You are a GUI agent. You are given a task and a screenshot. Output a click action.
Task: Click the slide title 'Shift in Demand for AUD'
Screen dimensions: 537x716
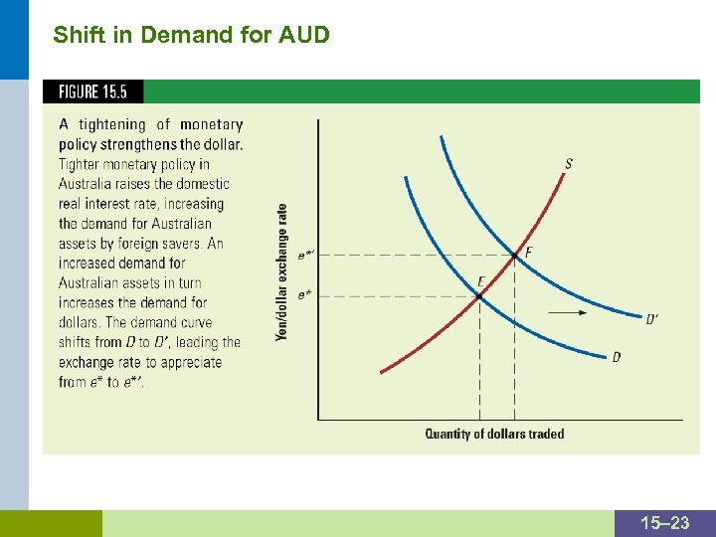[x=191, y=36]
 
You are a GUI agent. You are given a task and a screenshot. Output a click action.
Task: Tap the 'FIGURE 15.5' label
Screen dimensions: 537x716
[x=92, y=91]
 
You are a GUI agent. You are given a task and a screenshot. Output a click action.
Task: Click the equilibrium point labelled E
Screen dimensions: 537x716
[x=479, y=295]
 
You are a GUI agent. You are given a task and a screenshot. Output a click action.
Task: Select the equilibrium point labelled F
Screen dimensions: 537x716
[x=514, y=256]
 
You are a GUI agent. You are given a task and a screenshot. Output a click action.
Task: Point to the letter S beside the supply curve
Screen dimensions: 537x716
[x=568, y=164]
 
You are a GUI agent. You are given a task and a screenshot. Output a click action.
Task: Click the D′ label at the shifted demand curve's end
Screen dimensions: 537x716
[x=652, y=319]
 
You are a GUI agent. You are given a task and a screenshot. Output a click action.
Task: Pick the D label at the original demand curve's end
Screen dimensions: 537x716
[x=617, y=357]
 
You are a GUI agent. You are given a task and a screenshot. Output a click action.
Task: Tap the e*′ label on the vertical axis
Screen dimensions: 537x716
[x=306, y=256]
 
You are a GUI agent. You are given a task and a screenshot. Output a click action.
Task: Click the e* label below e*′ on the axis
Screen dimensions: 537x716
[x=303, y=295]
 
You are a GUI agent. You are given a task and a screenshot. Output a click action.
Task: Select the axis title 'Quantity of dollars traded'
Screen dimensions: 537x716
[x=494, y=434]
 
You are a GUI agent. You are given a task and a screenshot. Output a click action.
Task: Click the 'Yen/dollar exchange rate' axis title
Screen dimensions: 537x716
[x=282, y=272]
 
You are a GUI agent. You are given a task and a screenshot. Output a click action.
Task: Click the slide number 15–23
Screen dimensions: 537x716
[x=665, y=523]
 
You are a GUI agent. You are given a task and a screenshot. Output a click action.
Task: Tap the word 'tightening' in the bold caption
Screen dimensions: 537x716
[x=111, y=124]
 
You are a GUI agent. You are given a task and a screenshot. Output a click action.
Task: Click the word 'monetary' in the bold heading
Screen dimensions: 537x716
[x=211, y=124]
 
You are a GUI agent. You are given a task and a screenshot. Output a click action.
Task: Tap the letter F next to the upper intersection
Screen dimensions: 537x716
[x=528, y=253]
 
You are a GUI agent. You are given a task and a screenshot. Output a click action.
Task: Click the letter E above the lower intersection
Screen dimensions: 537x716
[x=481, y=281]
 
